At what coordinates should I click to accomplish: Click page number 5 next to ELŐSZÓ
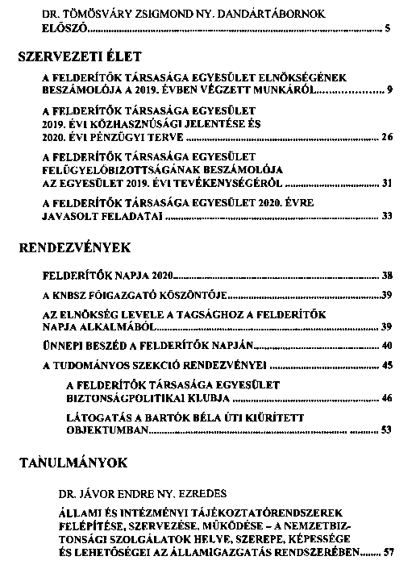click(x=388, y=29)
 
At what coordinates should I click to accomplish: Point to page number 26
click(x=386, y=138)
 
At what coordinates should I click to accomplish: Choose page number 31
click(x=386, y=184)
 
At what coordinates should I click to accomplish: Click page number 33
click(x=386, y=216)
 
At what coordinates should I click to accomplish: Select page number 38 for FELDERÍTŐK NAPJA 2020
click(x=386, y=276)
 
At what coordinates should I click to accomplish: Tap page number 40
click(x=386, y=346)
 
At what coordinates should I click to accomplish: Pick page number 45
click(x=386, y=366)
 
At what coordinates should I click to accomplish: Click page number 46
click(x=386, y=398)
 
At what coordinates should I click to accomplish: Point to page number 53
click(x=386, y=430)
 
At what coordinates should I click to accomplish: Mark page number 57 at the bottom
click(x=389, y=553)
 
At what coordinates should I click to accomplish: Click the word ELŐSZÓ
click(x=62, y=29)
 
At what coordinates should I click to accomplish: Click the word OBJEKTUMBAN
click(x=108, y=430)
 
